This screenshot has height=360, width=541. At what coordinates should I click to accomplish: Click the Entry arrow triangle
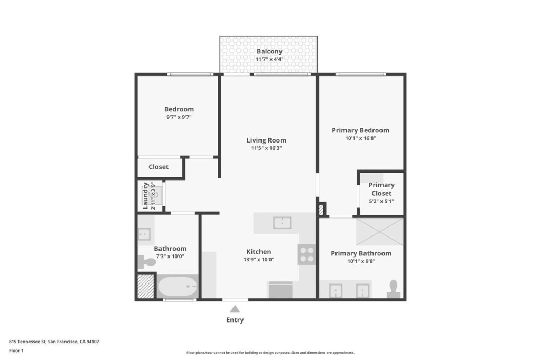(235, 309)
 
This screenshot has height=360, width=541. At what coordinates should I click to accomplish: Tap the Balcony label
(269, 51)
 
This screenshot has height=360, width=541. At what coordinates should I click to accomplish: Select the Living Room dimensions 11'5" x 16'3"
(266, 148)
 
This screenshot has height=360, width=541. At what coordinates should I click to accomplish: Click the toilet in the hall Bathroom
(147, 262)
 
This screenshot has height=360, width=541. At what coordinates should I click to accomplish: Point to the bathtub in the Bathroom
(178, 286)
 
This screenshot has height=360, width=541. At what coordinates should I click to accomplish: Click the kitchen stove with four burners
(307, 254)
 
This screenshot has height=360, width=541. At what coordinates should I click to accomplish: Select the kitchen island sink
(282, 223)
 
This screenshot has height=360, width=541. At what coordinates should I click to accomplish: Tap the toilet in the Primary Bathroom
(393, 289)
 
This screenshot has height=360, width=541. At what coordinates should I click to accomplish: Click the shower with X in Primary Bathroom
(379, 232)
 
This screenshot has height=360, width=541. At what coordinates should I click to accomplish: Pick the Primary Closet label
(381, 189)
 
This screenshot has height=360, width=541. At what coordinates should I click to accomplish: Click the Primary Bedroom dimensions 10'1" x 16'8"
(360, 138)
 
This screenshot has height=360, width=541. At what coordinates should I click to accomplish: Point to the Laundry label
(145, 195)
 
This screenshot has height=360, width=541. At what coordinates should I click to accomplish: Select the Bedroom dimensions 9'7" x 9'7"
(179, 117)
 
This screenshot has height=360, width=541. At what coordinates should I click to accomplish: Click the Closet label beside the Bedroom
(158, 167)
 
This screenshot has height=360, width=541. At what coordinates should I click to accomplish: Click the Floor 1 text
(16, 350)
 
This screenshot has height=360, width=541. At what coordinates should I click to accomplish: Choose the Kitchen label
(259, 252)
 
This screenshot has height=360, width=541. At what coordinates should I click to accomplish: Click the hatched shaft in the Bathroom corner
(146, 286)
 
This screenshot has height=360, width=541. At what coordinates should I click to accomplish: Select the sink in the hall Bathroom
(144, 234)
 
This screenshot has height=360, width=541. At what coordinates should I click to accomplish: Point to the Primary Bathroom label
(361, 253)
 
